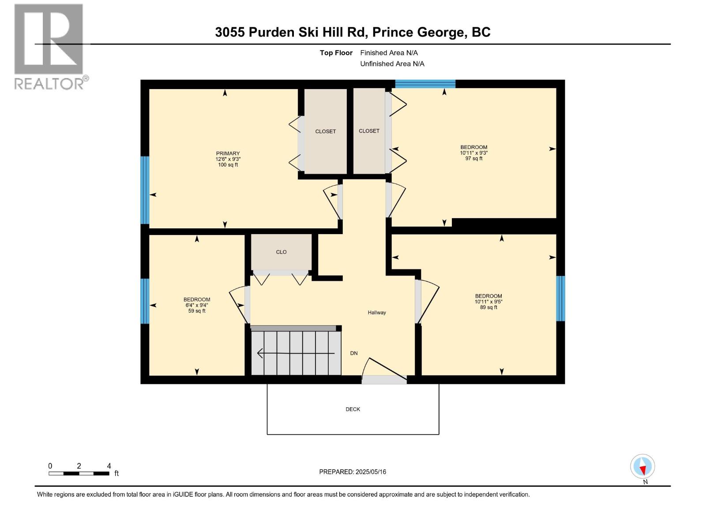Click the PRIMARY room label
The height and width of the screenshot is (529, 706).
pos(228,153)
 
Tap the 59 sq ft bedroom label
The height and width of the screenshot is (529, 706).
pos(197,305)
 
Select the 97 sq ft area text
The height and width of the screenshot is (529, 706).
pos(473,159)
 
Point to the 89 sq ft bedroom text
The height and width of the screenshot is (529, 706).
pos(488,307)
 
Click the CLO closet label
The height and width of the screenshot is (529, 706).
pos(281,252)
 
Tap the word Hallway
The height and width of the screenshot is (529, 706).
pos(377,313)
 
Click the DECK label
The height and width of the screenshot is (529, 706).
pos(353,409)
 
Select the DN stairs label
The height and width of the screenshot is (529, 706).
pos(354,353)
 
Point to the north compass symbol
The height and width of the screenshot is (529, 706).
pos(642,467)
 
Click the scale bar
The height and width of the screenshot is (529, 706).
pos(79,473)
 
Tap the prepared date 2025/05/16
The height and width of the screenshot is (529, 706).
pos(370,472)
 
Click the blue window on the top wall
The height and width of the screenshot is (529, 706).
pos(425,84)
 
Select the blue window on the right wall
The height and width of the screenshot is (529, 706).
pos(560,298)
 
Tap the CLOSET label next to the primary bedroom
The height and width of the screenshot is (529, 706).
pos(325,131)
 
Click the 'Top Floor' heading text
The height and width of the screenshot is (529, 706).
pos(336,53)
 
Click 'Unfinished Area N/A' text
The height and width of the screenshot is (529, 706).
pos(392,64)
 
